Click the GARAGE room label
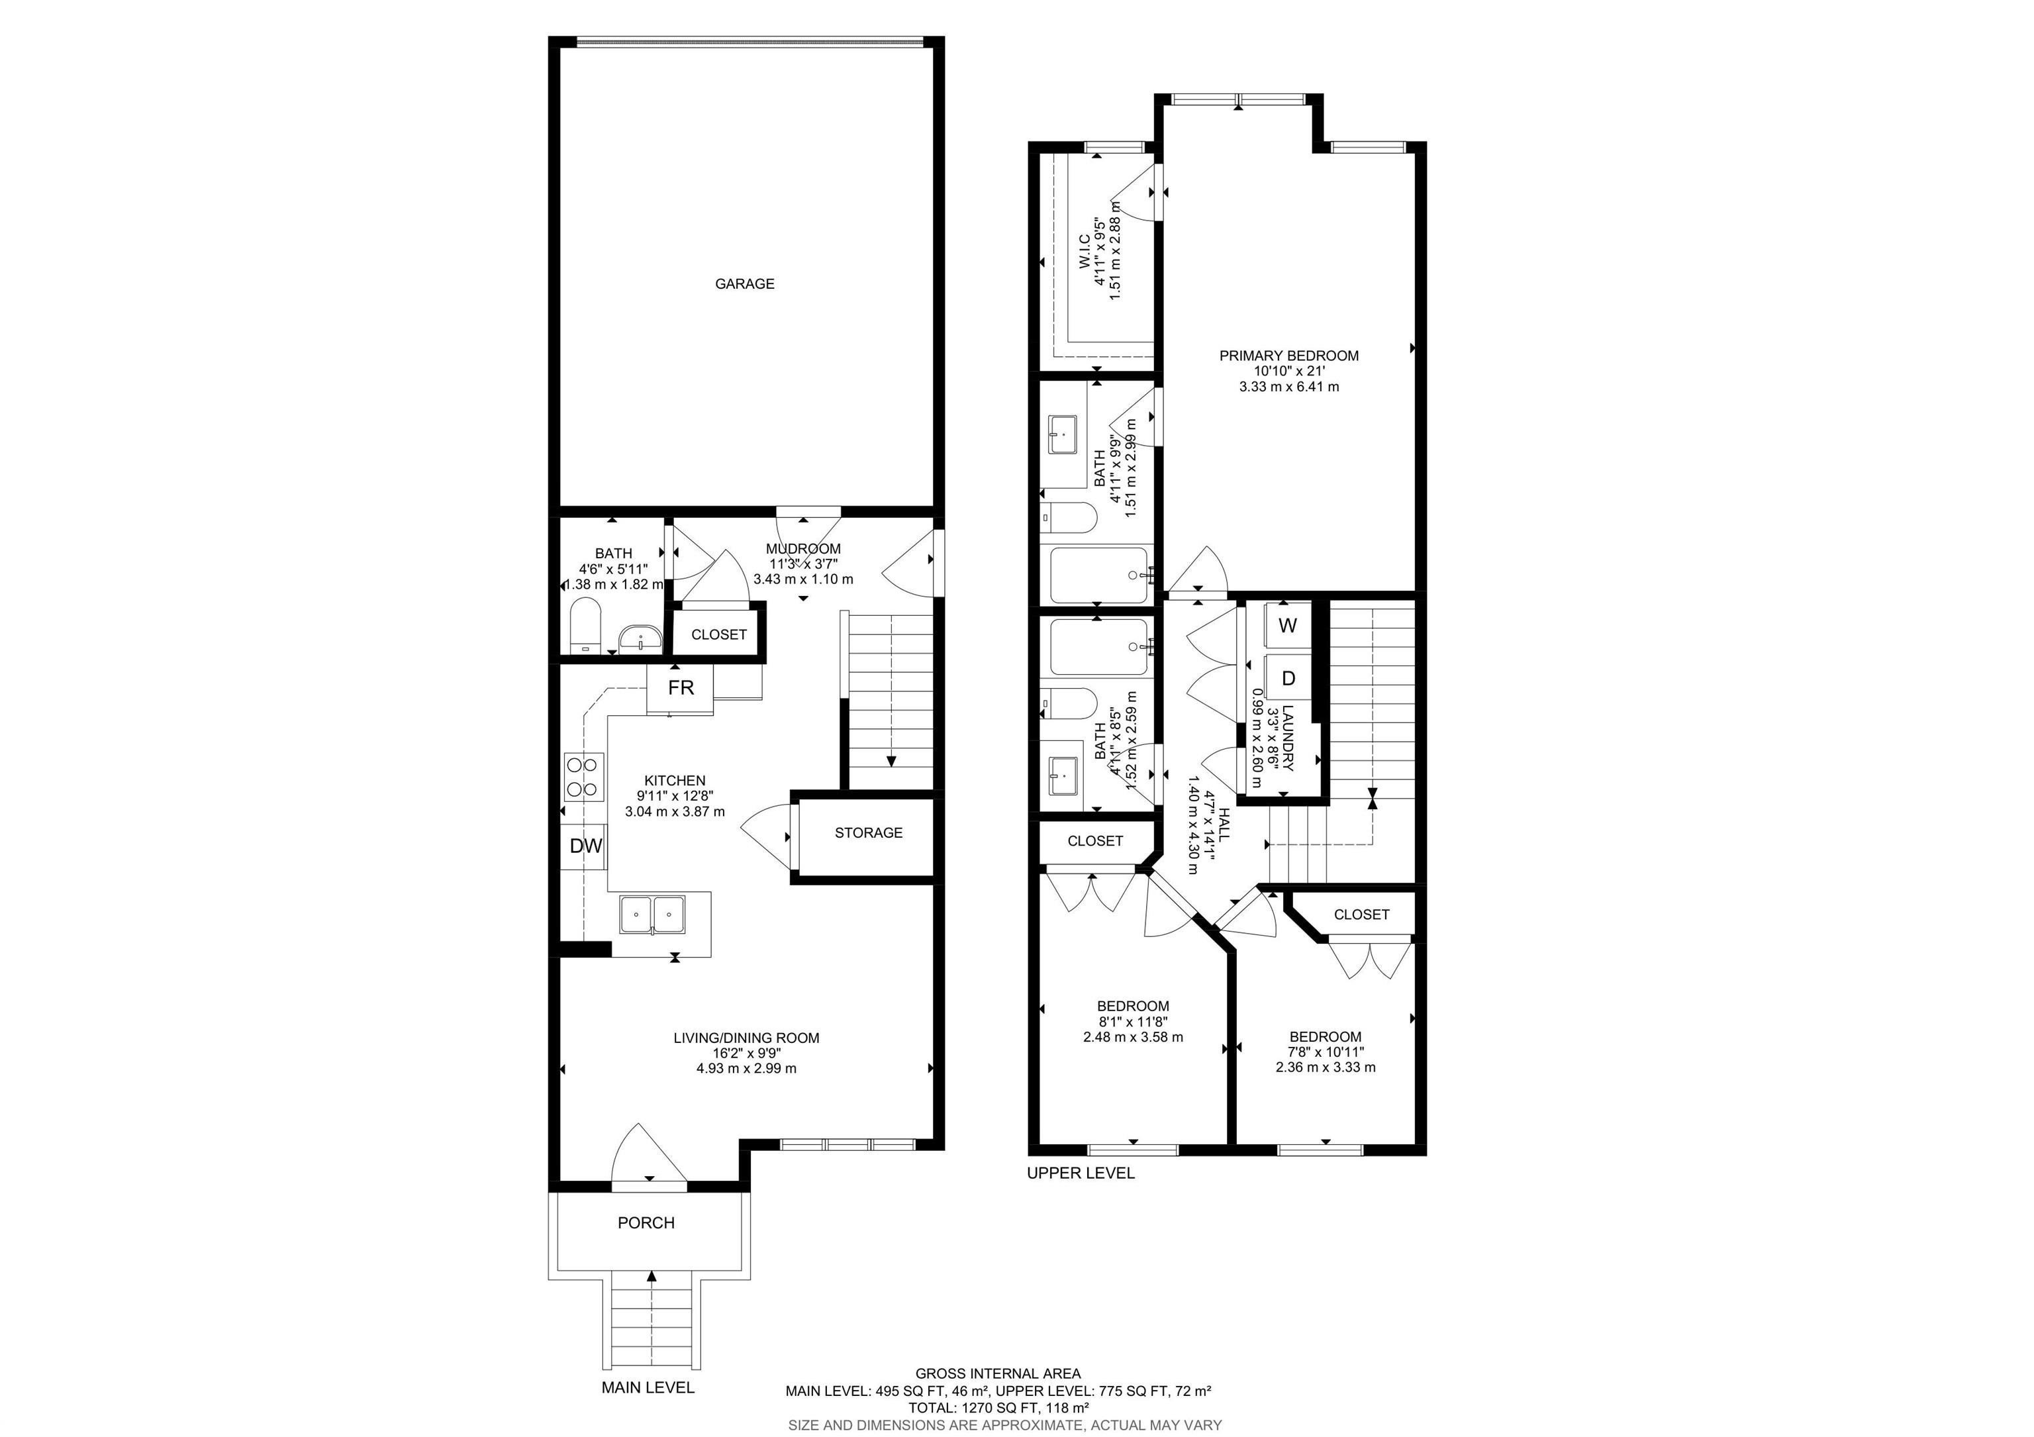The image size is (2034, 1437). tap(744, 283)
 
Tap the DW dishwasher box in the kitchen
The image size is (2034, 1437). tap(585, 846)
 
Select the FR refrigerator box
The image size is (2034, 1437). tap(681, 687)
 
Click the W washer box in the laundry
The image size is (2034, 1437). tap(1288, 626)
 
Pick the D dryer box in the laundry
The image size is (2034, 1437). tap(1288, 679)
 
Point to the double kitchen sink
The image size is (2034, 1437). tap(653, 915)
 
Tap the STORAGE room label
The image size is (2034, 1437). tap(868, 833)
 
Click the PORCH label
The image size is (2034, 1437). tap(646, 1222)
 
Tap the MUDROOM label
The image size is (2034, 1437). tap(802, 549)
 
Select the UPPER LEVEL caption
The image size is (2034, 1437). tap(1080, 1173)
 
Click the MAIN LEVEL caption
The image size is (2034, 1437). tap(648, 1387)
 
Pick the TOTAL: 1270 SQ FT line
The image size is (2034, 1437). tap(998, 1407)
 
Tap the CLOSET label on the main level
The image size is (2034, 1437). tap(718, 634)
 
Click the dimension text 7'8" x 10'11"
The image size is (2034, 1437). tap(1326, 1052)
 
